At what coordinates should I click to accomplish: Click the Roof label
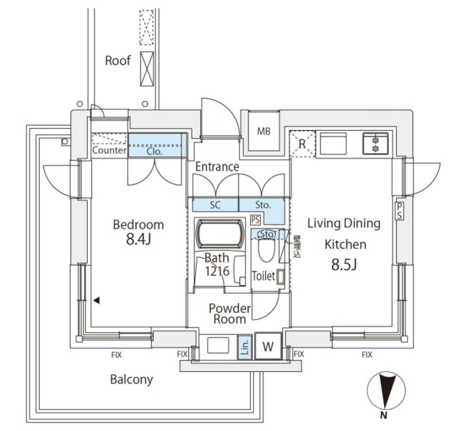point(118,60)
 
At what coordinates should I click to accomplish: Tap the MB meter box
point(264,131)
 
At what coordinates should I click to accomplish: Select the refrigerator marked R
point(302,143)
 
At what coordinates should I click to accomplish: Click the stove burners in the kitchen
point(374,144)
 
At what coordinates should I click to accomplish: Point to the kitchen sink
point(333,144)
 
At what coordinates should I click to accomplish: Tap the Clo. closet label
point(155,151)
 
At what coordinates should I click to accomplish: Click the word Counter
point(109,151)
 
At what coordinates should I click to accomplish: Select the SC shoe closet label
point(215,205)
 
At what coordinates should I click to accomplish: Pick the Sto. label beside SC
point(261,205)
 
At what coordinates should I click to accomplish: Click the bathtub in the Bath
point(219,233)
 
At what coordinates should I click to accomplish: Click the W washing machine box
point(268,347)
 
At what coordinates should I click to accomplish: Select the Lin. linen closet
point(244,347)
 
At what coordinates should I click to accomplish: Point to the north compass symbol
point(385,393)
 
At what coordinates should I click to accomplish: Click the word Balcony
point(131,379)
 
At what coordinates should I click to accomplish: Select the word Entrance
point(217,166)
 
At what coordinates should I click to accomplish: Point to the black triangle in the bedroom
point(95,300)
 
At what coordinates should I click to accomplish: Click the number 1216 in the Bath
point(217,271)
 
